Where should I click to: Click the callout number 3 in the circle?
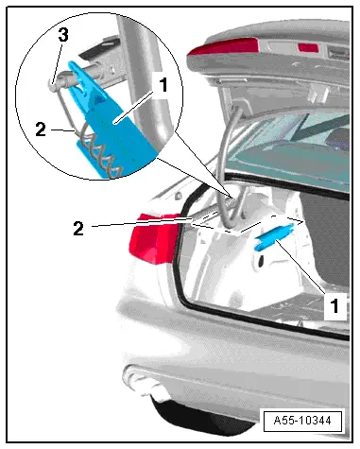(x=63, y=35)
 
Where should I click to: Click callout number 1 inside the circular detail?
(x=163, y=85)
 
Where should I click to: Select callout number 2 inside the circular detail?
(x=41, y=130)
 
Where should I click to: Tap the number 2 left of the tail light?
(x=78, y=229)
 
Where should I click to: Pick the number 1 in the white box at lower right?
(x=334, y=305)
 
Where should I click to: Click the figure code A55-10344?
(x=302, y=421)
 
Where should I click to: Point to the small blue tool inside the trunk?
(x=274, y=237)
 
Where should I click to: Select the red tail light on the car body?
(x=154, y=238)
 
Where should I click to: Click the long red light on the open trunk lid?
(x=224, y=47)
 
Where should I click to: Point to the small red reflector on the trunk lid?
(x=308, y=47)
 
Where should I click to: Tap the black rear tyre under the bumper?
(x=201, y=416)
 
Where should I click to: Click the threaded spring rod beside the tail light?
(x=212, y=211)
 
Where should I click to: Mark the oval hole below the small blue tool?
(x=262, y=261)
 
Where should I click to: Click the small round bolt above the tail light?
(x=179, y=196)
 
